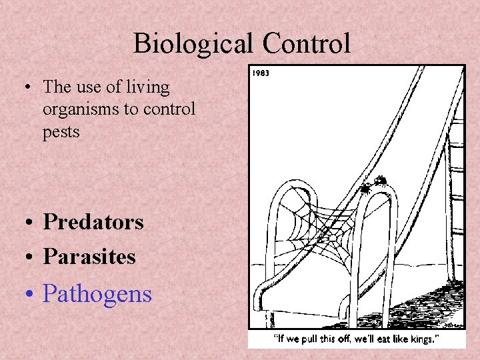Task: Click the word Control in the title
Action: pos(306,44)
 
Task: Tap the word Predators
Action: pos(93,222)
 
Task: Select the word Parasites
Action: pos(89,257)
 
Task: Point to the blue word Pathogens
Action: pos(97,294)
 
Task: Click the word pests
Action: pos(61,132)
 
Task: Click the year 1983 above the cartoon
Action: pos(261,73)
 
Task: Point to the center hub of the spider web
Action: pos(331,237)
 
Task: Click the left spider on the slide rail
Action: pos(365,188)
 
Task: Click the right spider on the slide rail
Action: pos(380,180)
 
